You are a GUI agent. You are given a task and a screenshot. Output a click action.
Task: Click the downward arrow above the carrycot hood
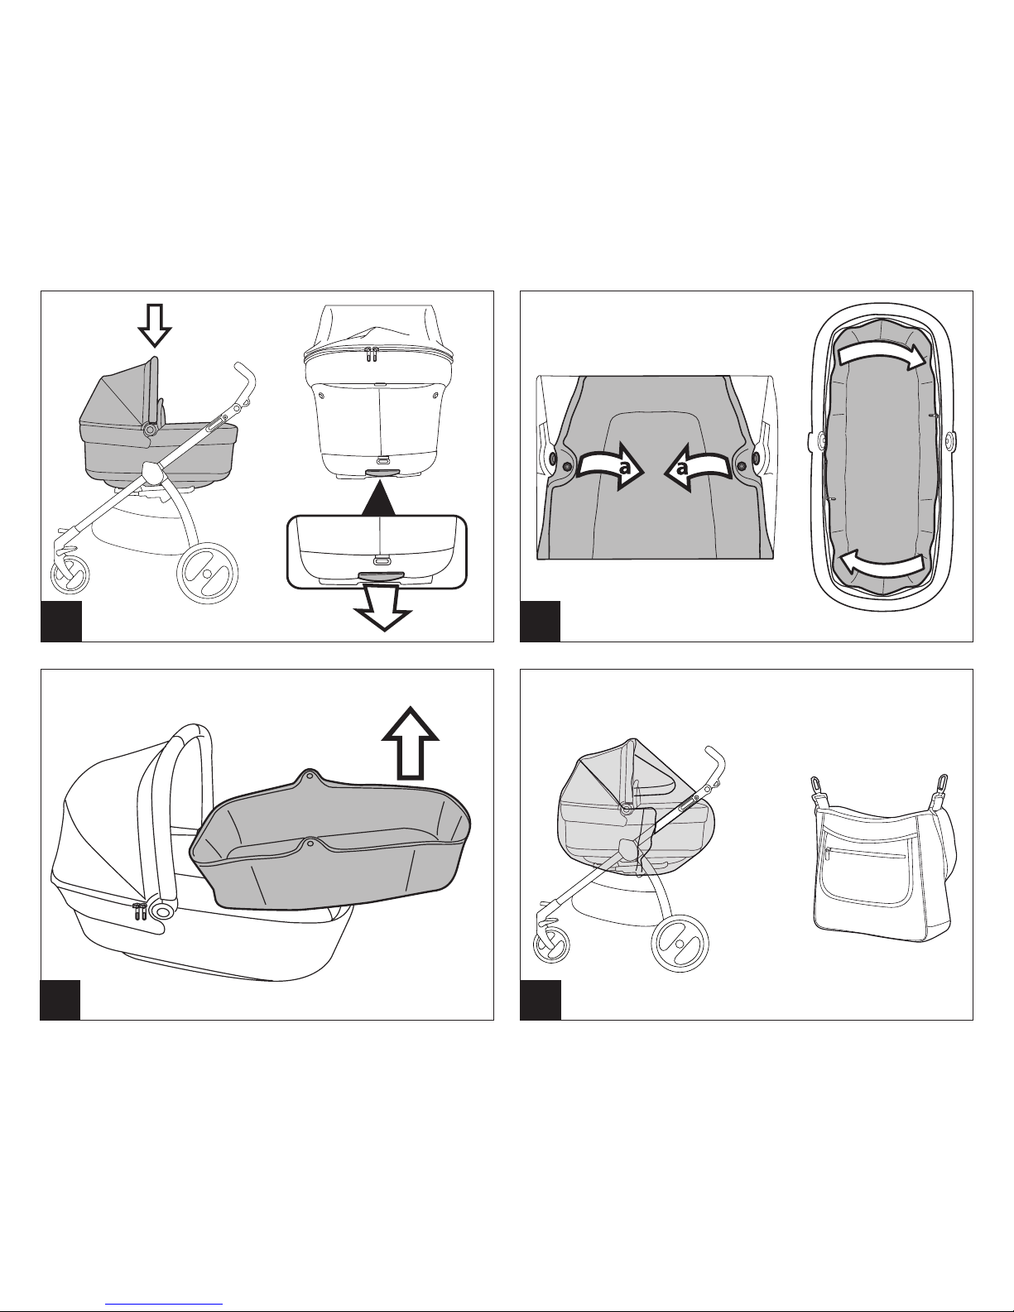(x=155, y=325)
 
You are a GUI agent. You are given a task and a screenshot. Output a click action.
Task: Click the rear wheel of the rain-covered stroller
(x=680, y=943)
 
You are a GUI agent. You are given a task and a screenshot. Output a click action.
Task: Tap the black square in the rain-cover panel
(x=541, y=1000)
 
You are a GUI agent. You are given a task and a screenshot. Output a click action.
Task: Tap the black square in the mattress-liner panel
(x=541, y=622)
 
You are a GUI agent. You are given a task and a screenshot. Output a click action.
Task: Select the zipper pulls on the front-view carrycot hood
(x=371, y=355)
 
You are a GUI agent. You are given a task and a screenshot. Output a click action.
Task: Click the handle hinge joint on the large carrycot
(x=161, y=911)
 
